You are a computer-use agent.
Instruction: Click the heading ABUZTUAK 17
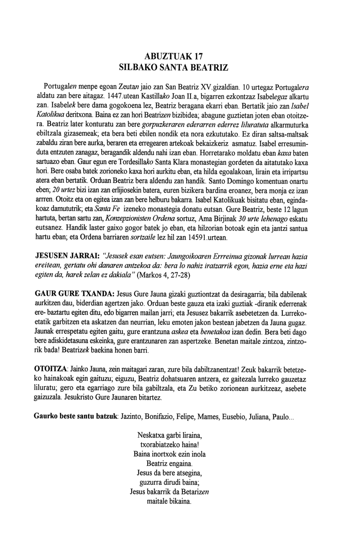(x=180, y=56)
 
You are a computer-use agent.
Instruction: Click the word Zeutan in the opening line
(x=130, y=87)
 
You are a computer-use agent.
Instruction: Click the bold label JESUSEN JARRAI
(x=68, y=256)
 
